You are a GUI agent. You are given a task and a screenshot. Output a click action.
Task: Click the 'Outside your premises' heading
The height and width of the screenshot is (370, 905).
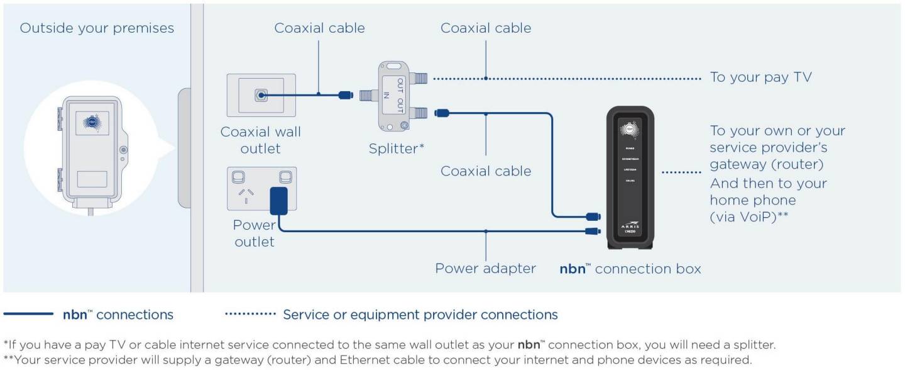click(x=97, y=28)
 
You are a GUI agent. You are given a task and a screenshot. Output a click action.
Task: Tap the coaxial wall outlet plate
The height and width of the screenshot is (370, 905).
click(x=260, y=96)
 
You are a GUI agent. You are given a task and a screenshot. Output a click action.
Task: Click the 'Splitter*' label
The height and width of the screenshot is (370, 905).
click(x=397, y=149)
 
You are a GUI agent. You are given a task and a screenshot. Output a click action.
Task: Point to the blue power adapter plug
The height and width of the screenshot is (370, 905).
click(x=277, y=201)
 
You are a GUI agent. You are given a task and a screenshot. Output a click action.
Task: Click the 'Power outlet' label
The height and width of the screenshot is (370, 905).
click(x=254, y=233)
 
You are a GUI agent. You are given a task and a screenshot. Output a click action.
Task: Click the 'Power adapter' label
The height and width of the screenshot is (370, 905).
click(x=485, y=269)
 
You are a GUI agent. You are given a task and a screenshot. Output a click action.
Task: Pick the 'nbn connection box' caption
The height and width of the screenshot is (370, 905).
click(x=630, y=269)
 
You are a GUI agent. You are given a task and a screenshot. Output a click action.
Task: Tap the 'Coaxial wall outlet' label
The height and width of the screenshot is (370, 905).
click(x=260, y=140)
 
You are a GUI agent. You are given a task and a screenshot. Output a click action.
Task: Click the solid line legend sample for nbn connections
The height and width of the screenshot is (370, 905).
click(x=29, y=314)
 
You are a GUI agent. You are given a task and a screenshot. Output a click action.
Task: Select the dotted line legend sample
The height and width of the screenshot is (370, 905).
click(x=250, y=314)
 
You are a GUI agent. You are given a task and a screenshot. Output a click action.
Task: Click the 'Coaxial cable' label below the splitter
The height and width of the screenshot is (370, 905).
click(x=485, y=171)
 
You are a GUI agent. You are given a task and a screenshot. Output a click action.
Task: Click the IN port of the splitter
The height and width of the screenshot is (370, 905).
click(x=368, y=96)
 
